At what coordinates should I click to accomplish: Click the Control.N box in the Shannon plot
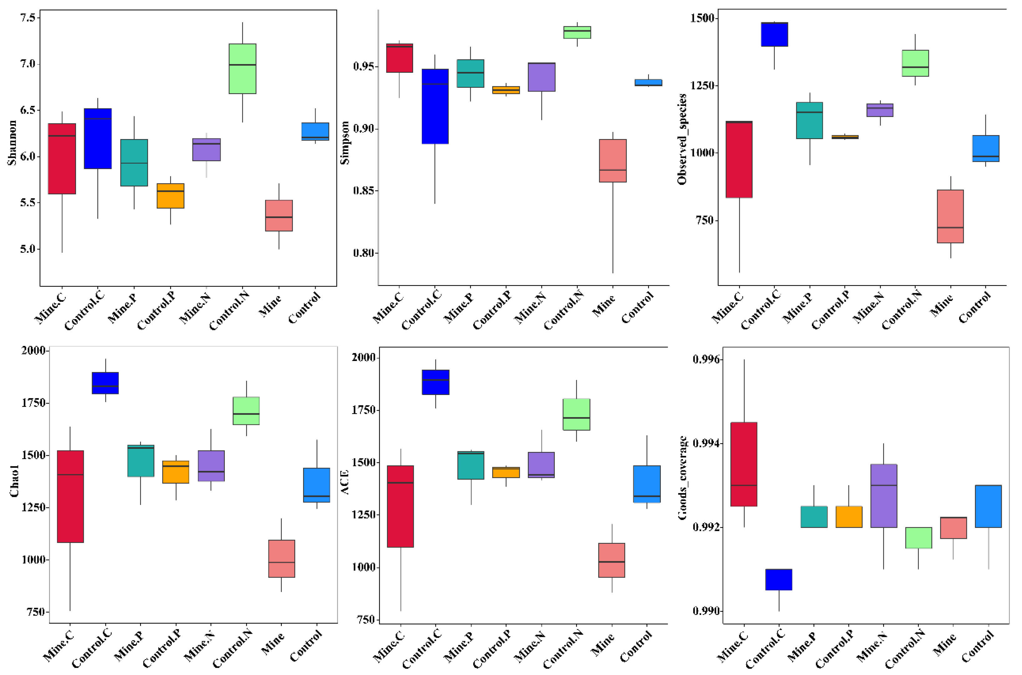click(242, 68)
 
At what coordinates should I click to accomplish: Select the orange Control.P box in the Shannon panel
click(170, 196)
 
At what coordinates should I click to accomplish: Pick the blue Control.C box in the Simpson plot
click(435, 106)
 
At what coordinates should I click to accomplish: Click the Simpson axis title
click(345, 142)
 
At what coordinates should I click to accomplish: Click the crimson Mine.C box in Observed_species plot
click(739, 159)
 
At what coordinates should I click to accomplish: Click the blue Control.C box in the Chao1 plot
click(105, 383)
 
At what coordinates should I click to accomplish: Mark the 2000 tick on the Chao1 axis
click(33, 350)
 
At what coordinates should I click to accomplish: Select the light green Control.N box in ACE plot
click(576, 414)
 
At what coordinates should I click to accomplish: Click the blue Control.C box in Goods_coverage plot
click(778, 579)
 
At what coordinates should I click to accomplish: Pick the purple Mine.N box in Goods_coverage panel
click(883, 496)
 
